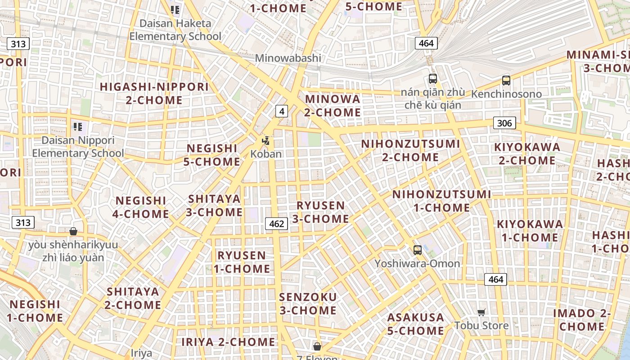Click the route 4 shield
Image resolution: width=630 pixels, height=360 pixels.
click(x=281, y=111)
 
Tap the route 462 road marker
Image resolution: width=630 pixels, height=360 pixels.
click(x=276, y=223)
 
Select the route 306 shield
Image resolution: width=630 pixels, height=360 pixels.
click(x=504, y=123)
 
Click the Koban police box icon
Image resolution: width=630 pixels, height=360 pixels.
click(x=266, y=141)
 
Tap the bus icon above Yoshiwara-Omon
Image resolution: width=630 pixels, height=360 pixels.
click(x=418, y=250)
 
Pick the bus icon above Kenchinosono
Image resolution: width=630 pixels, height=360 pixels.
click(x=506, y=81)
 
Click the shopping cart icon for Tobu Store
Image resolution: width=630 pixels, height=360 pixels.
click(x=481, y=312)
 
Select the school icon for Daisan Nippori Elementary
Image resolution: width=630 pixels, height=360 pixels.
click(x=78, y=127)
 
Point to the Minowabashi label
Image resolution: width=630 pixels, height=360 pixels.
click(x=288, y=58)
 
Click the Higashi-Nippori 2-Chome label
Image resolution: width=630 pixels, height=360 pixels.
click(x=154, y=93)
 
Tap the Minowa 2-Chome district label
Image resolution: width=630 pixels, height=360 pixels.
click(x=333, y=105)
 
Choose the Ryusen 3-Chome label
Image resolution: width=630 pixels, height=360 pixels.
click(x=320, y=212)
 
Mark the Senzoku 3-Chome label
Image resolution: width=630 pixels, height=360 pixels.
click(x=308, y=304)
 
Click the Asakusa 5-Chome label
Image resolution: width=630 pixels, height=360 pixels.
click(x=415, y=324)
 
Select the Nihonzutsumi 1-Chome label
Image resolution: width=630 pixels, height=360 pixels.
click(x=441, y=201)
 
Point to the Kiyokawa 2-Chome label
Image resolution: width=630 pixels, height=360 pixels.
click(x=527, y=153)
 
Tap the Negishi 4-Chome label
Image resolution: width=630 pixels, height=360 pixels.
click(x=141, y=207)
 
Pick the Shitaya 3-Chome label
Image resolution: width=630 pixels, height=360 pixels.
click(x=214, y=205)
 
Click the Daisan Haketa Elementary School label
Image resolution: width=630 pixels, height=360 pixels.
click(x=175, y=30)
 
